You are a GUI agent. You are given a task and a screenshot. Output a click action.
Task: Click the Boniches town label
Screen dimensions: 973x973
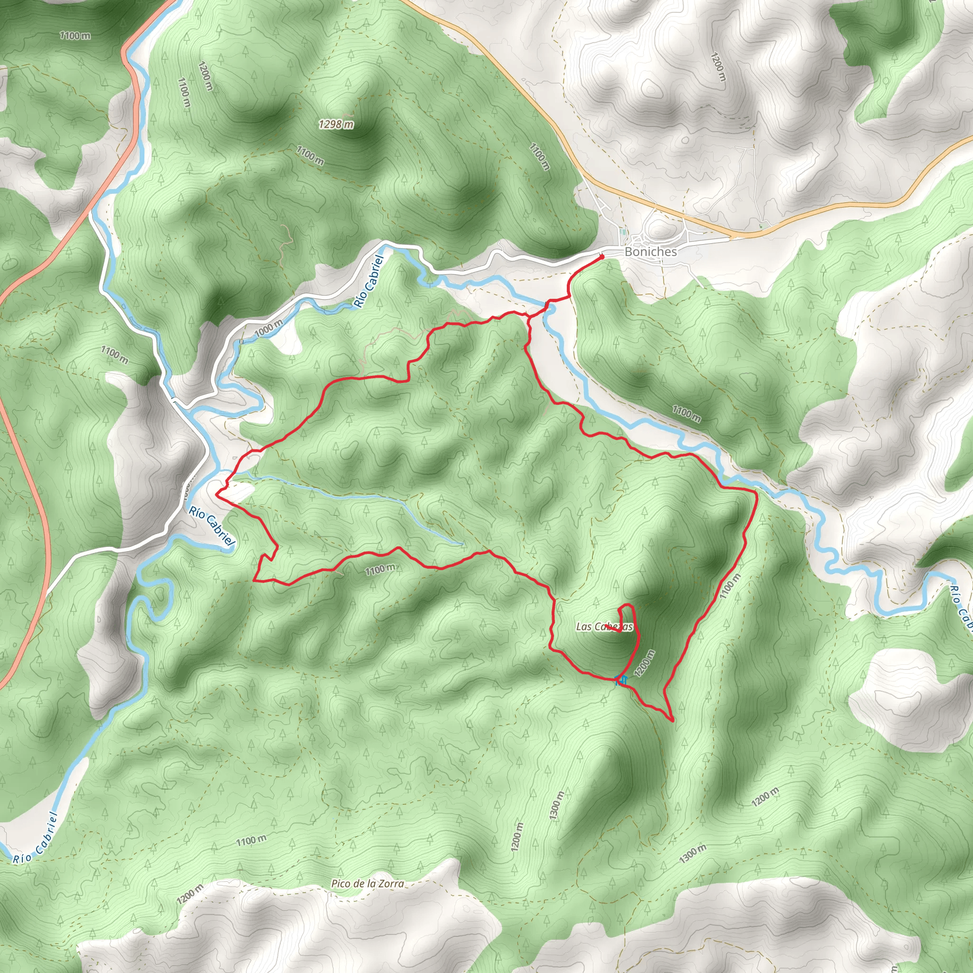(x=651, y=251)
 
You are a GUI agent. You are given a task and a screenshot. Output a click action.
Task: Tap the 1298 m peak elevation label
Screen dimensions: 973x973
(x=336, y=124)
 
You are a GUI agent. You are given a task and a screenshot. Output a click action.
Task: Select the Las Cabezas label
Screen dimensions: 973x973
(x=604, y=627)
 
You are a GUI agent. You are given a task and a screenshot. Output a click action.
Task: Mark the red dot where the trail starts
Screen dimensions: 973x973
(x=602, y=257)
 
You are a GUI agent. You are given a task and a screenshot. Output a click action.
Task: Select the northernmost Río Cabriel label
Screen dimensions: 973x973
(x=369, y=281)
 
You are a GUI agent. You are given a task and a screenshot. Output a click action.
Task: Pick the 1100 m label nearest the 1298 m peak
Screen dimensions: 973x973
(x=310, y=156)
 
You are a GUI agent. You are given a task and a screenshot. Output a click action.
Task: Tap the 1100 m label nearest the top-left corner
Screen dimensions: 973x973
(x=75, y=35)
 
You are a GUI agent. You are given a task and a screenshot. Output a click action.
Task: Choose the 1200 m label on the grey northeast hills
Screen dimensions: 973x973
(x=719, y=67)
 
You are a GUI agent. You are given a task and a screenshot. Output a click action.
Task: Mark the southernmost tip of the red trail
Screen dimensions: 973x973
(x=673, y=721)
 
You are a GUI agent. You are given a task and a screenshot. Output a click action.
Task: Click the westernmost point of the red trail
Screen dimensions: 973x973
(x=217, y=495)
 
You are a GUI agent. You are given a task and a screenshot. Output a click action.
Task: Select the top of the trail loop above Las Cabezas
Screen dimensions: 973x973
(x=628, y=604)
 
